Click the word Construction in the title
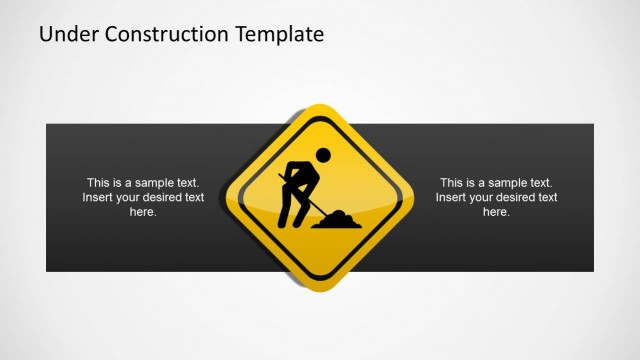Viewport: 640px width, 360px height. pyautogui.click(x=161, y=34)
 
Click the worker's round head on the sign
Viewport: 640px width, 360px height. pyautogui.click(x=322, y=155)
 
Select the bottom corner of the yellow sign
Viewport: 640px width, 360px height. pyautogui.click(x=320, y=289)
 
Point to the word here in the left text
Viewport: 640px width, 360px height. pyautogui.click(x=143, y=213)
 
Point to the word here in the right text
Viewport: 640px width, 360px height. pyautogui.click(x=496, y=213)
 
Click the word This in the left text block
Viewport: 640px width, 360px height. pyautogui.click(x=97, y=183)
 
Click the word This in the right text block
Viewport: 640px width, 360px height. pyautogui.click(x=450, y=183)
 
